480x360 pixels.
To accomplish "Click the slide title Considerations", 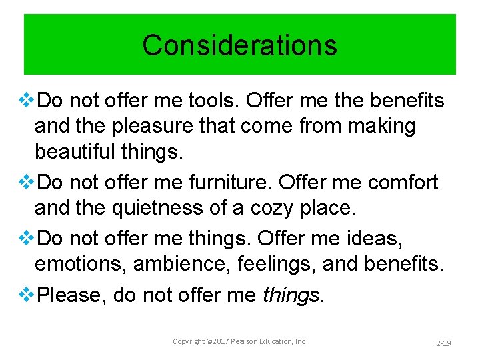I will tap(239, 45).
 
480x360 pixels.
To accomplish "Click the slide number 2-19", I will tap(443, 343).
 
